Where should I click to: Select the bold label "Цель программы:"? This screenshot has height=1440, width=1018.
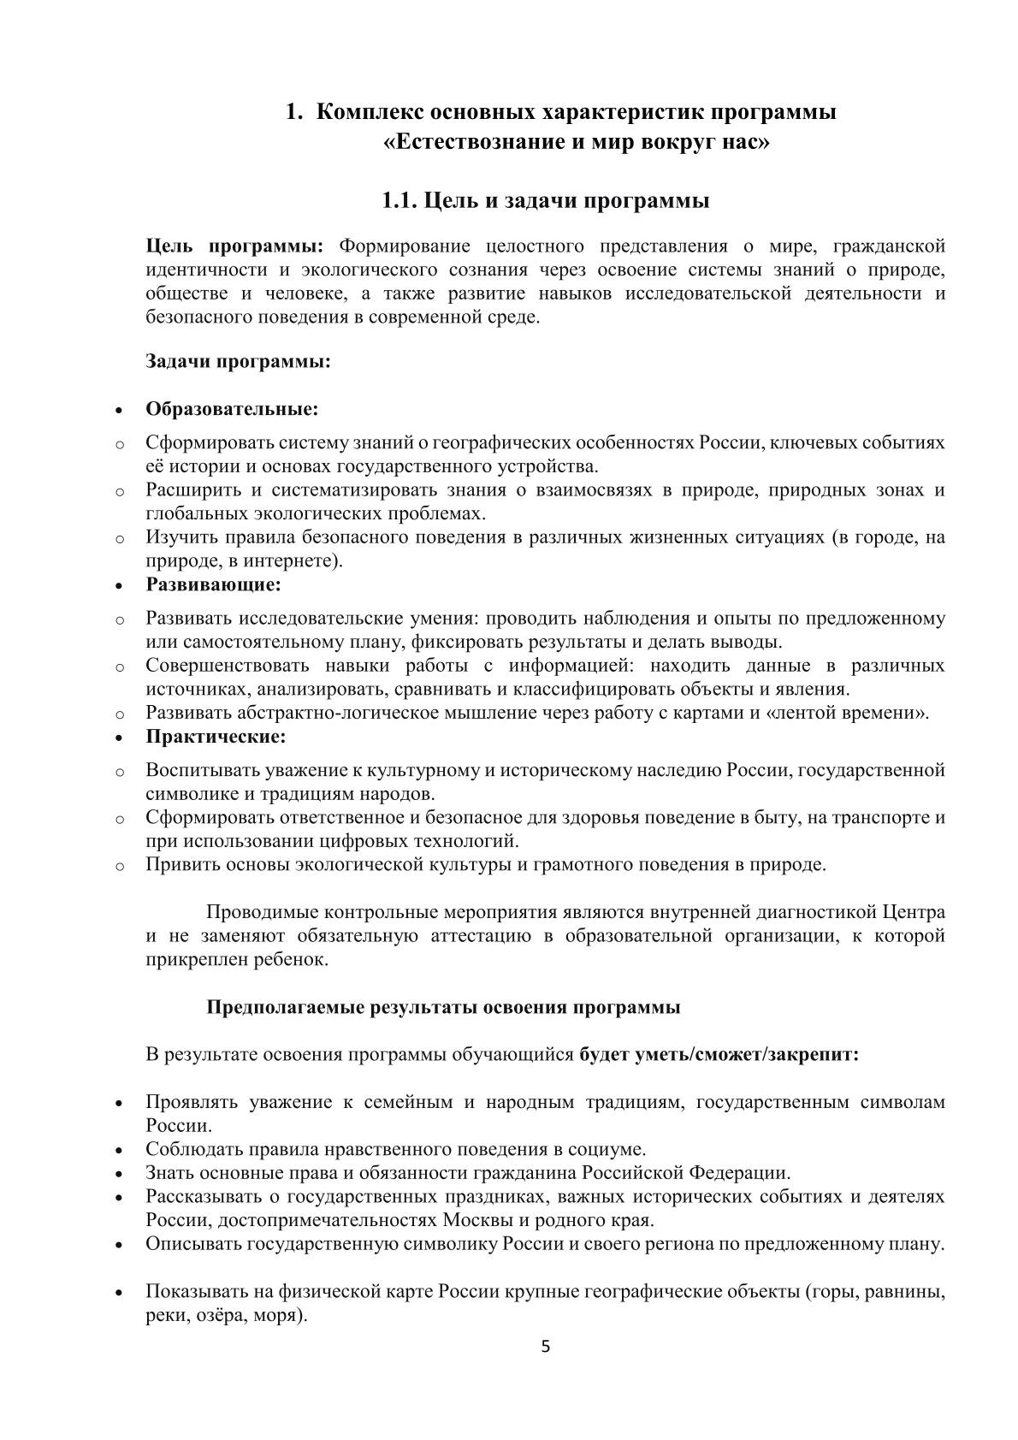pyautogui.click(x=234, y=247)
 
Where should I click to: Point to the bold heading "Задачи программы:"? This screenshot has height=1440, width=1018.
pyautogui.click(x=238, y=361)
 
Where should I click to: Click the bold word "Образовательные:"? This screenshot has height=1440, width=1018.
pyautogui.click(x=232, y=409)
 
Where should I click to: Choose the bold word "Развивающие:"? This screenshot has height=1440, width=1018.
pyautogui.click(x=214, y=585)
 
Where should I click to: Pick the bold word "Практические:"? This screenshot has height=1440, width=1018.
pyautogui.click(x=216, y=736)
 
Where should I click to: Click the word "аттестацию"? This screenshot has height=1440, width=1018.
pyautogui.click(x=480, y=935)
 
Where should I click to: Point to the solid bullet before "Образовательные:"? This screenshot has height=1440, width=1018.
pyautogui.click(x=120, y=410)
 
